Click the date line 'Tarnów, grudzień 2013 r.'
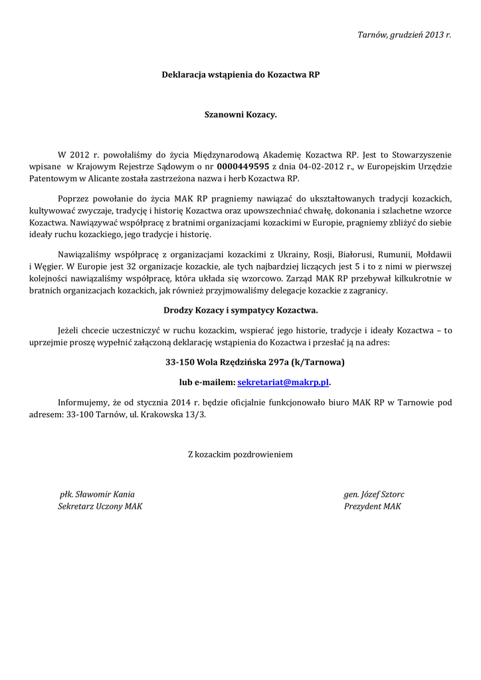click(404, 34)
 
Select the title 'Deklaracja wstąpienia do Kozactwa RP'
click(241, 75)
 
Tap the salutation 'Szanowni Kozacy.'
click(241, 115)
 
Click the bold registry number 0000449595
click(243, 167)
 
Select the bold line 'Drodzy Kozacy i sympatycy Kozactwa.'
click(241, 310)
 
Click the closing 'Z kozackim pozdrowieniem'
click(241, 455)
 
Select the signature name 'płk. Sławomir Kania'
click(97, 494)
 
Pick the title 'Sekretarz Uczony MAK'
click(100, 507)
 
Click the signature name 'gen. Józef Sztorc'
click(374, 494)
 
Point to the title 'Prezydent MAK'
click(373, 507)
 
